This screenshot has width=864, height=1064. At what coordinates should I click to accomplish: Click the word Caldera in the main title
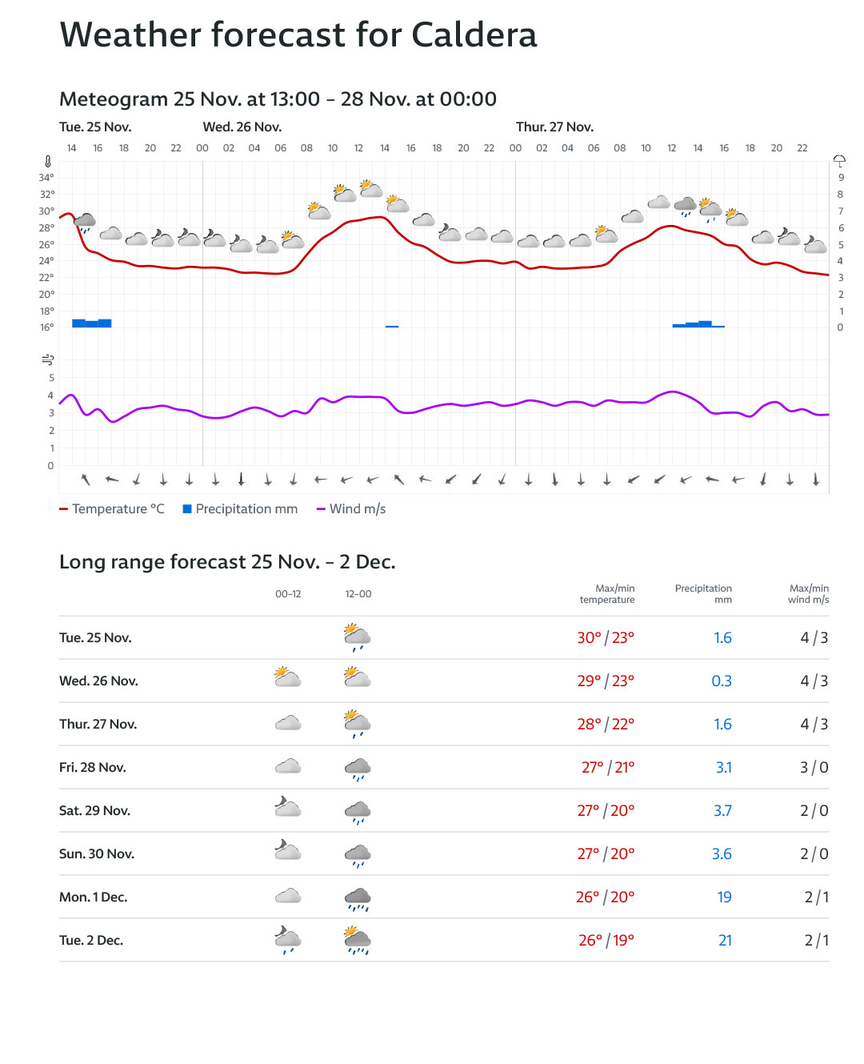(474, 35)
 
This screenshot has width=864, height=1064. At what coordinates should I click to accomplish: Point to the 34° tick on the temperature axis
(46, 178)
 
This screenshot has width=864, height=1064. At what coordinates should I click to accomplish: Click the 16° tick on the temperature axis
(46, 327)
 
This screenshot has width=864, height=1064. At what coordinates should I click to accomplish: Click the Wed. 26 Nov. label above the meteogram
(242, 127)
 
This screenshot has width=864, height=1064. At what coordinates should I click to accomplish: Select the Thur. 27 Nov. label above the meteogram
(554, 127)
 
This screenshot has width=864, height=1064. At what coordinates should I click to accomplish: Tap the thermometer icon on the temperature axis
(48, 162)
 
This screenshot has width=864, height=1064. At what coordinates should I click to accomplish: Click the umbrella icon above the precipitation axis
(839, 162)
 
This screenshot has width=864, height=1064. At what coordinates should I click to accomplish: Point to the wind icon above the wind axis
(48, 359)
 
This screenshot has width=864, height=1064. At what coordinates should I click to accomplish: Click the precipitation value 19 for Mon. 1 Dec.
(724, 897)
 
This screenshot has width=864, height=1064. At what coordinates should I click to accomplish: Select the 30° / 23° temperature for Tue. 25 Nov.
(605, 638)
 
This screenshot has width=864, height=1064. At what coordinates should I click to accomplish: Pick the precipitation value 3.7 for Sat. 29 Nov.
(722, 811)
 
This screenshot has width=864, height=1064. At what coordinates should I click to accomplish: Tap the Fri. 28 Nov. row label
(93, 768)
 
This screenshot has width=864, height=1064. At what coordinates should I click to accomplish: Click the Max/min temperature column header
(607, 594)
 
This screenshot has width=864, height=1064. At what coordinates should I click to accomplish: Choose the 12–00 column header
(358, 594)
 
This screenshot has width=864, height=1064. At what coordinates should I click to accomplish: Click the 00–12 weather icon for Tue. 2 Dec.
(288, 940)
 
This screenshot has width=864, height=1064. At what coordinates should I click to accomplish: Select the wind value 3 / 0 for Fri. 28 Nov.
(814, 768)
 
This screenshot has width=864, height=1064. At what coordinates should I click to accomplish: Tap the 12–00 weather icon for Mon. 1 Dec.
(358, 898)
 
